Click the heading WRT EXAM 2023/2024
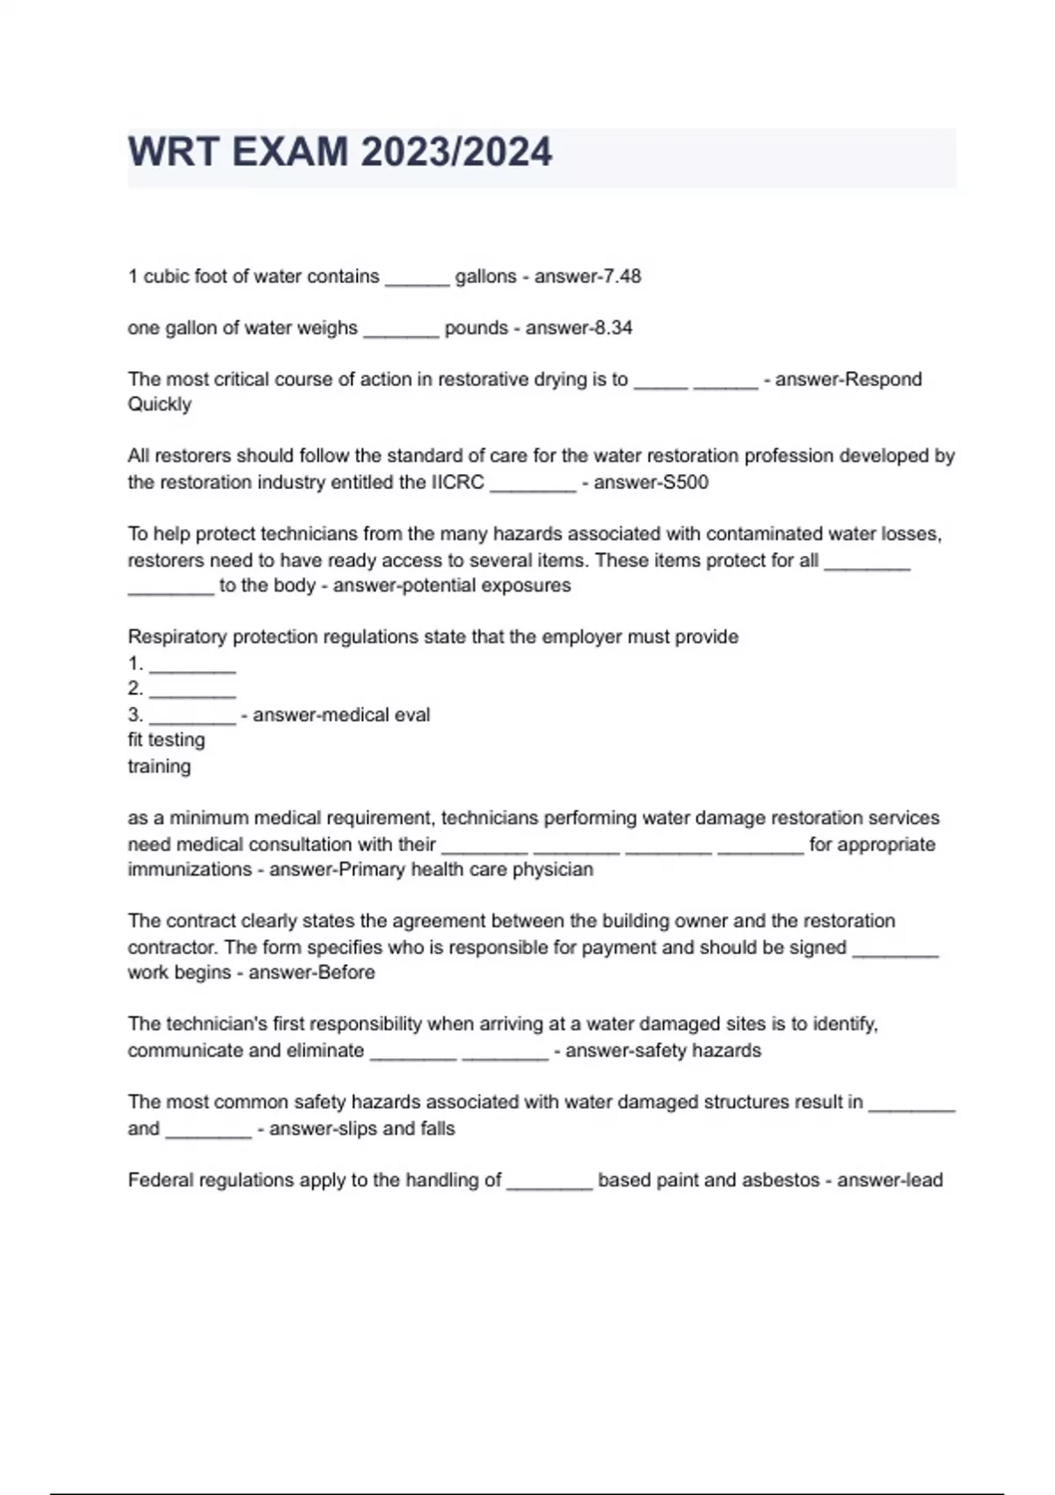pos(340,153)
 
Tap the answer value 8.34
pos(613,328)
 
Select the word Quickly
pos(159,405)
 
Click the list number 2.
pos(135,689)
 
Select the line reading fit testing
pos(166,740)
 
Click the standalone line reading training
pos(159,767)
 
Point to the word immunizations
pos(189,870)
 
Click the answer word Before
pos(346,973)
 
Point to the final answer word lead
pos(922,1180)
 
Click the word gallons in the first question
pos(485,276)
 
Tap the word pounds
pos(476,328)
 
